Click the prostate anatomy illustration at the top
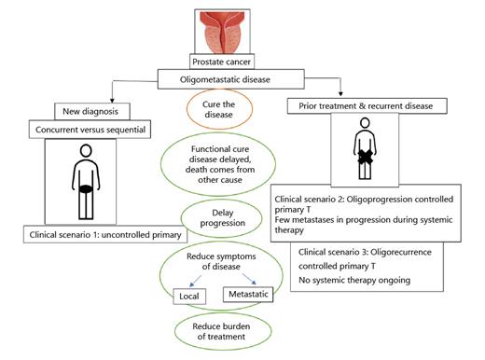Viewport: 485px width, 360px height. pos(224,31)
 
